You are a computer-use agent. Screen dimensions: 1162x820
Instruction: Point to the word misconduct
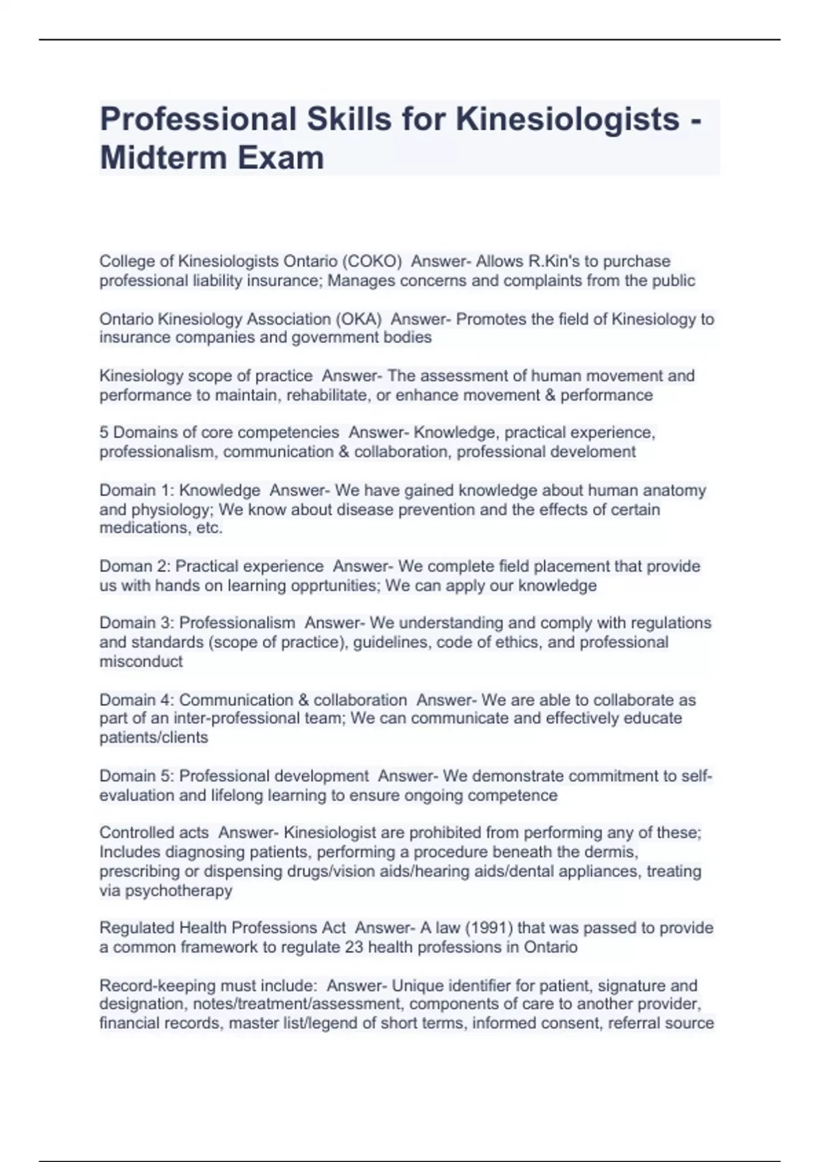tap(141, 662)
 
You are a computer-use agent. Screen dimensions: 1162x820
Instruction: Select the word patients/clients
tap(154, 738)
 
